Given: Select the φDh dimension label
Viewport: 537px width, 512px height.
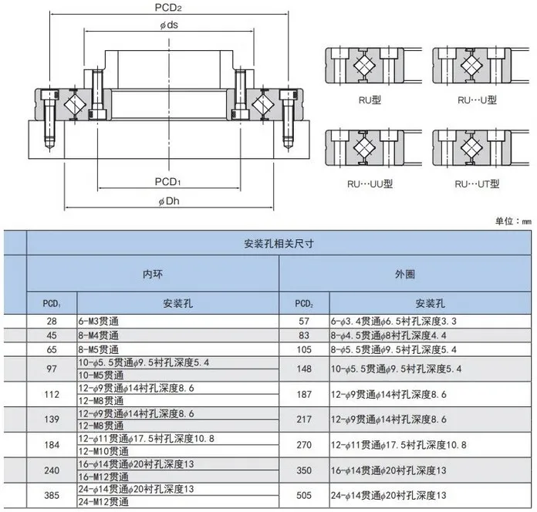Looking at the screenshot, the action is coord(169,201).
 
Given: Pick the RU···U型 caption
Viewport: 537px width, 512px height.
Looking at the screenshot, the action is coord(477,99).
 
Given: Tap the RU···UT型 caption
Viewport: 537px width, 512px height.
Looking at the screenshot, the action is coord(478,184).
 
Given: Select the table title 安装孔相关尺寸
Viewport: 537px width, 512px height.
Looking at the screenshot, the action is coord(279,242).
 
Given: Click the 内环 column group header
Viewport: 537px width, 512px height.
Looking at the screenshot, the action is coord(153,273).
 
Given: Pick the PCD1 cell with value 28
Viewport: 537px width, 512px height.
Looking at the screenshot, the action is coord(52,320).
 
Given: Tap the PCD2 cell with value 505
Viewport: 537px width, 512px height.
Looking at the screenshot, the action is coord(303,495).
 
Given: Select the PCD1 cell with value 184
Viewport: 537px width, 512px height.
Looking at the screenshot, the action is coord(52,445).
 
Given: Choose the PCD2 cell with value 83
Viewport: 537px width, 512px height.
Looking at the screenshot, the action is coord(303,335).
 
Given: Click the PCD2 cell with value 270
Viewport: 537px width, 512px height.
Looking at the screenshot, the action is coord(303,445).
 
